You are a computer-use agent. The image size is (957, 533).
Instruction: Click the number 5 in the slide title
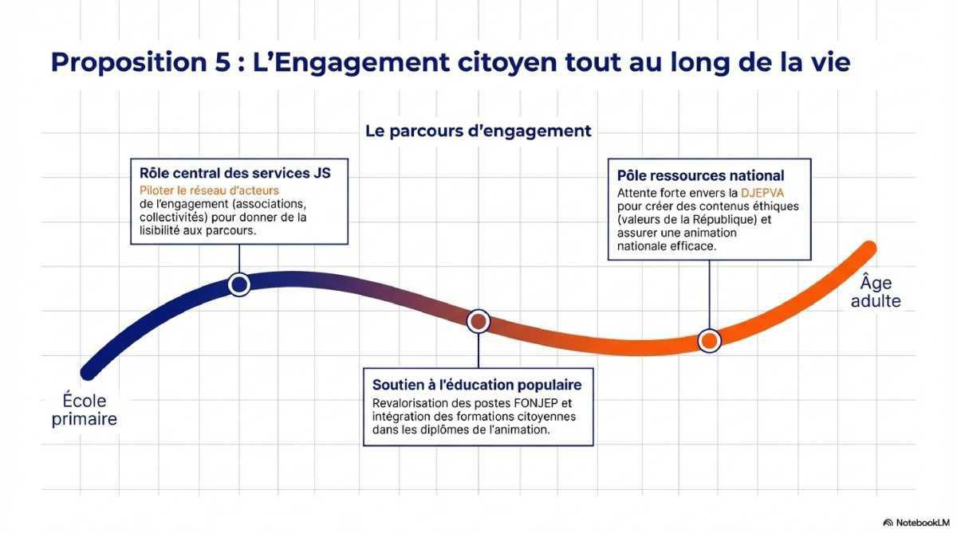pos(223,61)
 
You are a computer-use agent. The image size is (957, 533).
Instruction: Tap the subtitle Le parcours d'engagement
pos(478,131)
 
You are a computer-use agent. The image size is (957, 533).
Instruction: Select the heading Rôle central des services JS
pos(234,174)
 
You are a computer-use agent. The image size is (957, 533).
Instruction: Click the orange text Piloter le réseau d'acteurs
pos(209,190)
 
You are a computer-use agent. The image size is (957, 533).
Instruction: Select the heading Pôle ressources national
pos(700,175)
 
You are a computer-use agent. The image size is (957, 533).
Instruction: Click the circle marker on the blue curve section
pos(238,284)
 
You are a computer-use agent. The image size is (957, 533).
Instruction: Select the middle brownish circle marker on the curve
pos(478,321)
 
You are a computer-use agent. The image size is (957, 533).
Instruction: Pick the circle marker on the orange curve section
pos(709,340)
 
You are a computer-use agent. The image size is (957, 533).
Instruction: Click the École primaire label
pos(84,410)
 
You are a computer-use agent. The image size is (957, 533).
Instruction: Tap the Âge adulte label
pos(876,292)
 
